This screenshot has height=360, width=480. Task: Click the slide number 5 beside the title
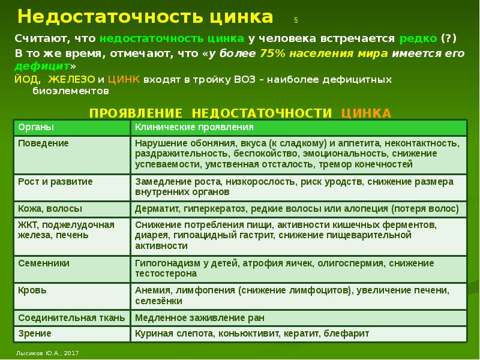point(296,20)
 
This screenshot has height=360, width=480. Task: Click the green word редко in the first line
point(418,38)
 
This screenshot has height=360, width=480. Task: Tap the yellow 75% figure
point(272,53)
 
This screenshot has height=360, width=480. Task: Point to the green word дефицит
point(42,66)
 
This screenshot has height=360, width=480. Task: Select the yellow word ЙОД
point(26,79)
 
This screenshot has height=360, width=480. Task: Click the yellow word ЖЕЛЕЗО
point(71,79)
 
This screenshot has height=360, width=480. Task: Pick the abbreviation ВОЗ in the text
point(245,80)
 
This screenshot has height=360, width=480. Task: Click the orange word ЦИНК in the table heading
point(366,113)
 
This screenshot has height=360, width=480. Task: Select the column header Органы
point(36,127)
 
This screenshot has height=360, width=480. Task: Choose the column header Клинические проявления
point(194,127)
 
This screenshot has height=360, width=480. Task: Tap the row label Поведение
point(43,143)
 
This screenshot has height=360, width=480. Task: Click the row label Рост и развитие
point(55,182)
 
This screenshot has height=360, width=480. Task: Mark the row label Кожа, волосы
point(50,209)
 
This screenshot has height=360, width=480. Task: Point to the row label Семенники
point(43,263)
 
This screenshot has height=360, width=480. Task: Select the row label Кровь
point(32,290)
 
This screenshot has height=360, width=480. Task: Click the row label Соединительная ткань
point(71,318)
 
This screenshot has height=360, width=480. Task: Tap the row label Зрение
point(35,334)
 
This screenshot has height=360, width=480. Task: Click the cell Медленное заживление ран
point(200,318)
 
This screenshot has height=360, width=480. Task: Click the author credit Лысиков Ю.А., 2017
point(47,353)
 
